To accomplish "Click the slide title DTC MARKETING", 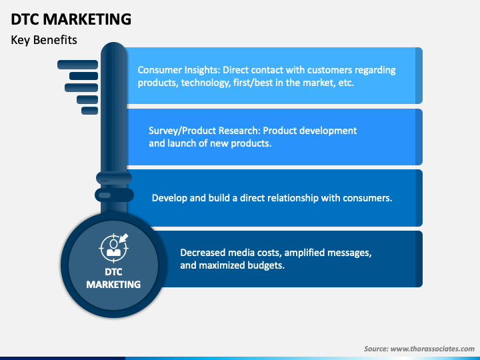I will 71,19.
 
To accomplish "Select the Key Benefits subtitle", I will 44,40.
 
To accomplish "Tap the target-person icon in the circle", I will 113,246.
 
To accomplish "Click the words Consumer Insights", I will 178,70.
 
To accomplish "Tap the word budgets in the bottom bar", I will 266,265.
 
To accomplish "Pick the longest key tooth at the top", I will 77,65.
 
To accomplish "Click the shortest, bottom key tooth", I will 89,111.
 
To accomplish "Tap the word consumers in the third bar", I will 367,198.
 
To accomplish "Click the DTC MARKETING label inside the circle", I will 113,278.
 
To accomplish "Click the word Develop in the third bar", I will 170,198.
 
